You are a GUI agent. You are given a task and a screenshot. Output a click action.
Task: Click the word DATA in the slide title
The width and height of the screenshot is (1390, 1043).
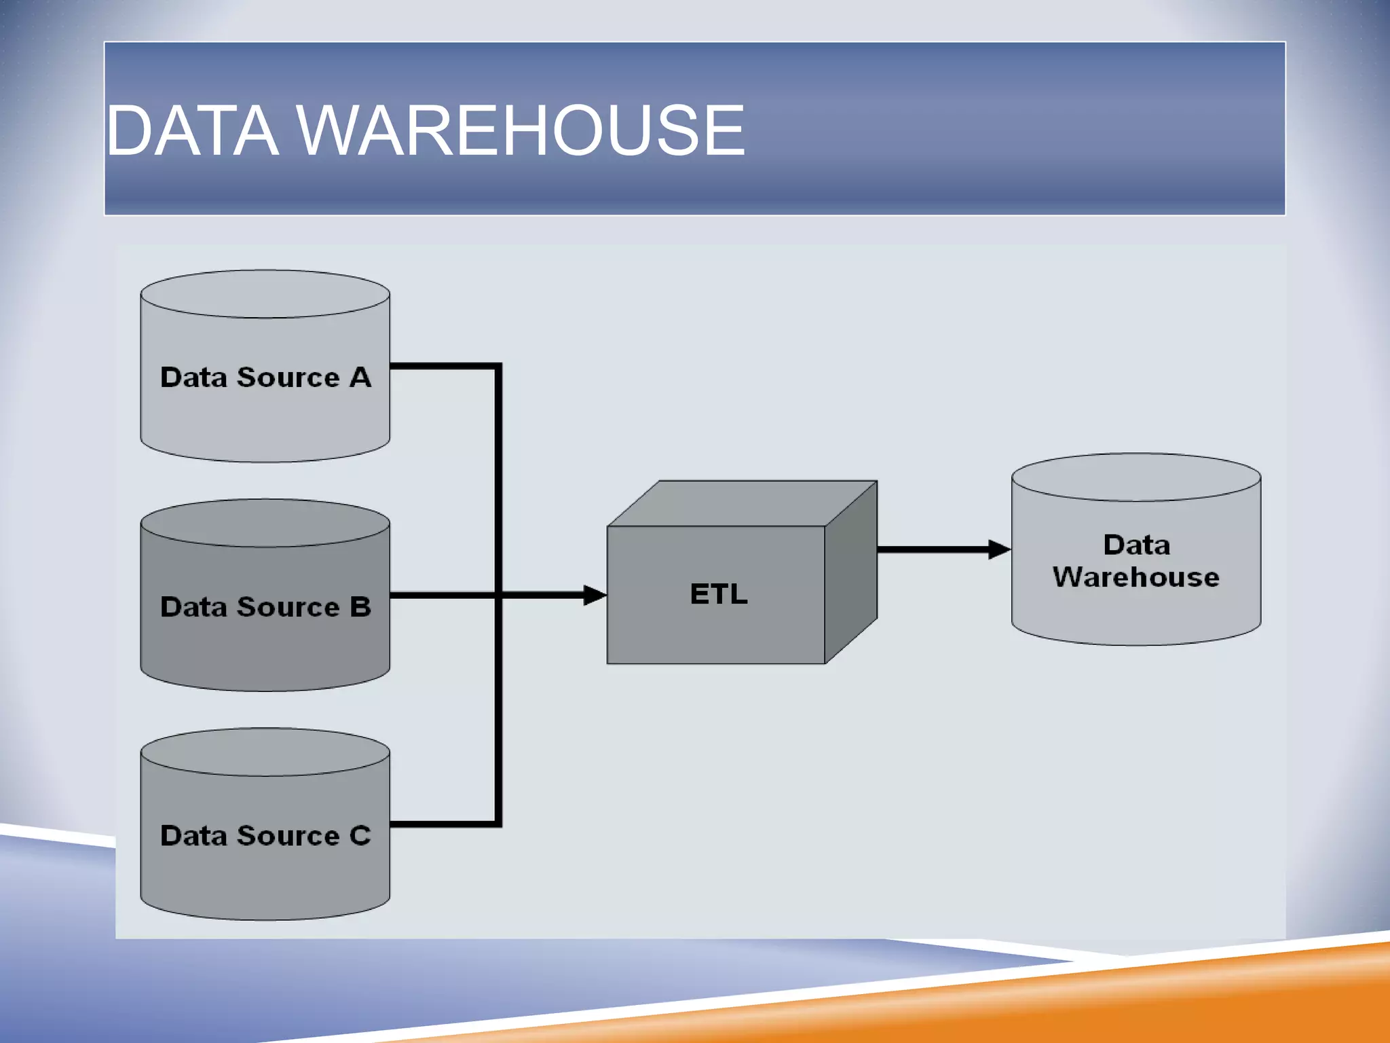193,130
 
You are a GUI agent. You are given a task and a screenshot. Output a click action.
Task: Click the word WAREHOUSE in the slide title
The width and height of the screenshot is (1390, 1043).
520,130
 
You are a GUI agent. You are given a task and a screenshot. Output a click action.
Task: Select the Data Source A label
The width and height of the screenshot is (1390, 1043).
265,377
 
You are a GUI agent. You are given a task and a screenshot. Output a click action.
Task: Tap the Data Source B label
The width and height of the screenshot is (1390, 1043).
265,606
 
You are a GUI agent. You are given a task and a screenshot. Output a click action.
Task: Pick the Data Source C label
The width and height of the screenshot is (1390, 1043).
265,835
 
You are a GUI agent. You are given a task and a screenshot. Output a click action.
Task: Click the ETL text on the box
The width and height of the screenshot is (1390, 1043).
719,594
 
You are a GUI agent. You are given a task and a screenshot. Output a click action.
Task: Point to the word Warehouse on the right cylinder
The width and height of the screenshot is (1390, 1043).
1135,577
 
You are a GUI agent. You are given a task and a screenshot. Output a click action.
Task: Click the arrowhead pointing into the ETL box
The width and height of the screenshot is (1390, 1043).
595,596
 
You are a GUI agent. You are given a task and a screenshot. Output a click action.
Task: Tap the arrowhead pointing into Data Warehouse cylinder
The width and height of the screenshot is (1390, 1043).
999,549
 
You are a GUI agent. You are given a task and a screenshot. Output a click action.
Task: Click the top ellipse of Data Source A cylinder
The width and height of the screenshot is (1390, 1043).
265,294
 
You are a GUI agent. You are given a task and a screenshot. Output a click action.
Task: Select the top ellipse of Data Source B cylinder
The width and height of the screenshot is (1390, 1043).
265,523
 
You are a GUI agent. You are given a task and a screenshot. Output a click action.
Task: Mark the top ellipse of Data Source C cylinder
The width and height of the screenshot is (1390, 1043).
265,752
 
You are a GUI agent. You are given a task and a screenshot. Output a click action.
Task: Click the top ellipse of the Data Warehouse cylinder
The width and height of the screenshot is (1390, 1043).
1135,477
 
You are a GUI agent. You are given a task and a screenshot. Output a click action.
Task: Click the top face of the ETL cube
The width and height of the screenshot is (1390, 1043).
742,503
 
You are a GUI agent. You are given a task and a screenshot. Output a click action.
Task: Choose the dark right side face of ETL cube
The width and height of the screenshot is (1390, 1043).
851,572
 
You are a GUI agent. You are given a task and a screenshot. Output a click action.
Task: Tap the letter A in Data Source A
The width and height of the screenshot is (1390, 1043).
360,377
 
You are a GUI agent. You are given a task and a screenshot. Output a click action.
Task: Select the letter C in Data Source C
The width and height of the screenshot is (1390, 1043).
360,835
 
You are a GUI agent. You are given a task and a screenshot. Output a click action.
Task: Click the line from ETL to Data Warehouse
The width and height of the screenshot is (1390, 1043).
933,549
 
